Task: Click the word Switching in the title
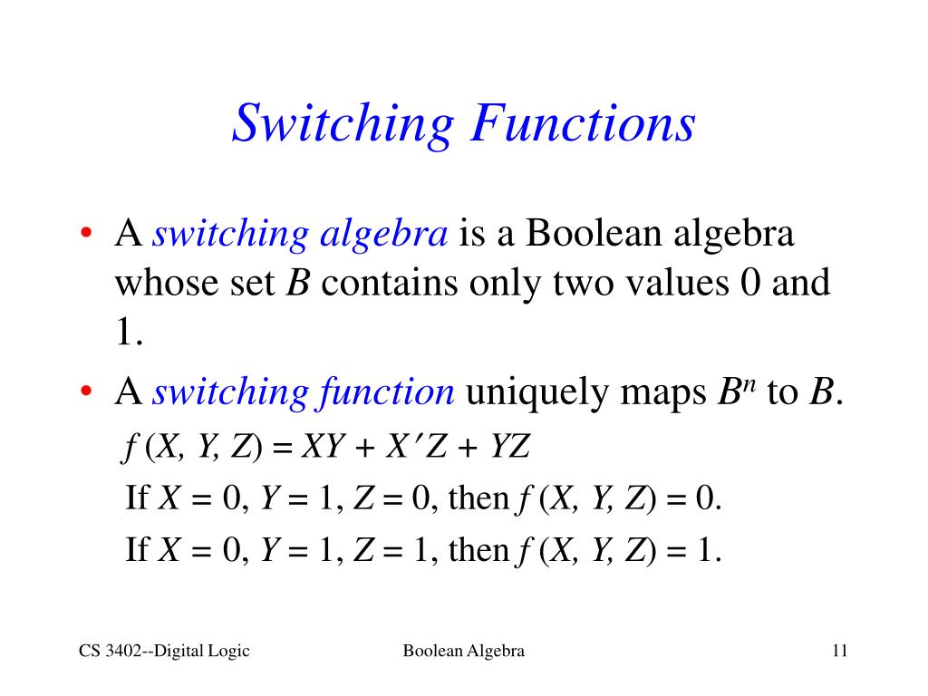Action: (342, 123)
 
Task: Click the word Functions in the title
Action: (582, 123)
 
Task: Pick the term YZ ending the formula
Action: (508, 447)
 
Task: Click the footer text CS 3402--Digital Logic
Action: (164, 651)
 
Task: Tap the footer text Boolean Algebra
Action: (464, 651)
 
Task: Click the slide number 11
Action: (837, 651)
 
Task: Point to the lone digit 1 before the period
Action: (123, 334)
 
